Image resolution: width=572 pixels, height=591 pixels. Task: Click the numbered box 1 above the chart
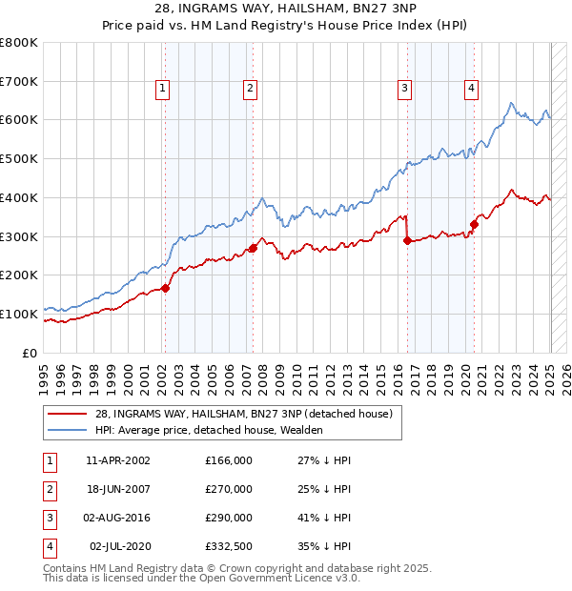pyautogui.click(x=163, y=89)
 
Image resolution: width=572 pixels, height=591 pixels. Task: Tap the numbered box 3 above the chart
pyautogui.click(x=404, y=89)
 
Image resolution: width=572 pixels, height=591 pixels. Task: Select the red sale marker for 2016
pyautogui.click(x=407, y=241)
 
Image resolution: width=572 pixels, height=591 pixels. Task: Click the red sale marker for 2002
pyautogui.click(x=165, y=288)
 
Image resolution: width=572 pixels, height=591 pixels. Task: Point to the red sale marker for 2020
pyautogui.click(x=474, y=224)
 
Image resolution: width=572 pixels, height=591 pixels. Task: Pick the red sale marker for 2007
pyautogui.click(x=254, y=249)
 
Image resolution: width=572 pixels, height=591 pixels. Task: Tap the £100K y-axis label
pyautogui.click(x=19, y=314)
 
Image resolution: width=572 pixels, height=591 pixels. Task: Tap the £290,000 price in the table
pyautogui.click(x=229, y=520)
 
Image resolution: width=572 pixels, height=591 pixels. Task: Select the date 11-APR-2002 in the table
pyautogui.click(x=118, y=459)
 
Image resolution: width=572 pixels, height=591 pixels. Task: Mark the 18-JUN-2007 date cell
pyautogui.click(x=118, y=490)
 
